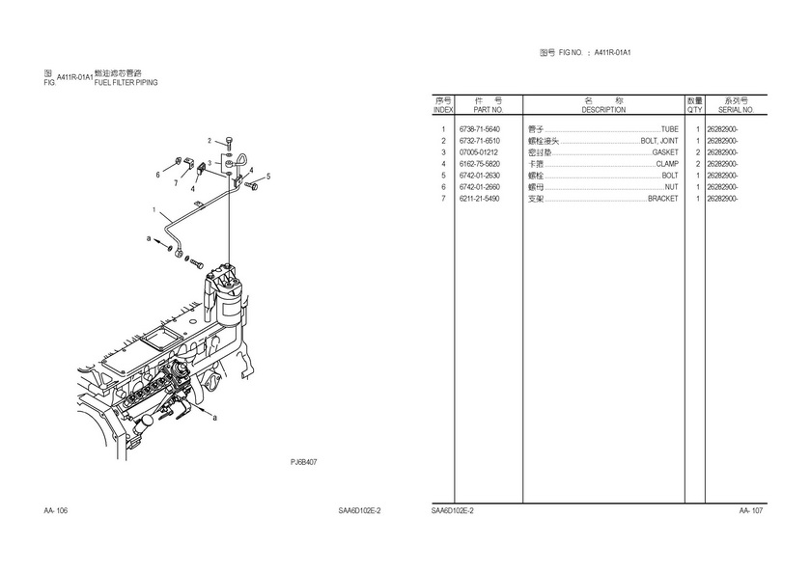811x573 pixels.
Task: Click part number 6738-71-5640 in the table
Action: point(480,129)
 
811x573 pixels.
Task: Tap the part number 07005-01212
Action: point(479,152)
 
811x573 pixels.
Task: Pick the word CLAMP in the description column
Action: point(666,164)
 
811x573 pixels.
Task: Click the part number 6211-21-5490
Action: point(480,199)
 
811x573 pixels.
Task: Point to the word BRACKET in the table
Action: point(662,199)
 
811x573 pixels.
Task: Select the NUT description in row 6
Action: point(671,187)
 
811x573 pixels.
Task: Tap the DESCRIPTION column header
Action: point(603,110)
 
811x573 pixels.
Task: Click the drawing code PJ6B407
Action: point(304,462)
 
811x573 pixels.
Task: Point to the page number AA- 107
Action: point(751,510)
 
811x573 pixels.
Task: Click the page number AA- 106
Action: point(55,510)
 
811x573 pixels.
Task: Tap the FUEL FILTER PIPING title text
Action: point(126,83)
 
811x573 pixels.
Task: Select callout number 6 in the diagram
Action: point(157,175)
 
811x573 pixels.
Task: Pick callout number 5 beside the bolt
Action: point(268,177)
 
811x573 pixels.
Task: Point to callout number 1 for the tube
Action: point(153,209)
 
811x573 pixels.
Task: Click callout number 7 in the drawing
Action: point(176,181)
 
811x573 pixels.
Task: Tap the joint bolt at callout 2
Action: point(229,144)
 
